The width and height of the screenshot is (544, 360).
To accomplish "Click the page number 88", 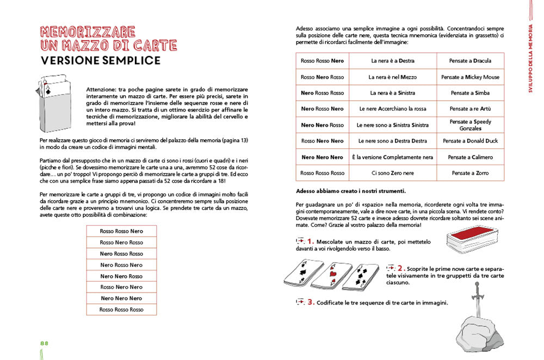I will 44,343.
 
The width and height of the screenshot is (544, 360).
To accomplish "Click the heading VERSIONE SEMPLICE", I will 101,60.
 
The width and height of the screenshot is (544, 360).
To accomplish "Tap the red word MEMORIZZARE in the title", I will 88,31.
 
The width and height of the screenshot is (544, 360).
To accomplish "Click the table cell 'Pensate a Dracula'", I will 471,61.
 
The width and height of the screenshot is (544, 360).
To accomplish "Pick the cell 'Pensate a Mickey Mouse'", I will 471,77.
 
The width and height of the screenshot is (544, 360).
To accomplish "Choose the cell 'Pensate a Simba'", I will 471,93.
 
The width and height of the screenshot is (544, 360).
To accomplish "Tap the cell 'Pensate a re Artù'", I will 471,109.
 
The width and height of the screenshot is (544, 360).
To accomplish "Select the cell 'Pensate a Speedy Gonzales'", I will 471,125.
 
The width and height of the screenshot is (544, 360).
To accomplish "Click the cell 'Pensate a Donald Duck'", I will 471,141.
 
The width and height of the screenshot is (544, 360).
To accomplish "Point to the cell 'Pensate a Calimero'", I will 471,157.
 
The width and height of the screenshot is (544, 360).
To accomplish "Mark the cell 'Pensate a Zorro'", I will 471,173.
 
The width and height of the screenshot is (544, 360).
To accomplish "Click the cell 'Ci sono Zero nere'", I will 392,173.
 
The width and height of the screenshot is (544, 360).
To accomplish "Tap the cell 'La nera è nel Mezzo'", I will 392,77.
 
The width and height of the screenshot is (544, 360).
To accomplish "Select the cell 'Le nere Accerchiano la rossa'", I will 392,109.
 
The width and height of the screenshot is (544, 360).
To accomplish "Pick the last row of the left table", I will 121,309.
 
